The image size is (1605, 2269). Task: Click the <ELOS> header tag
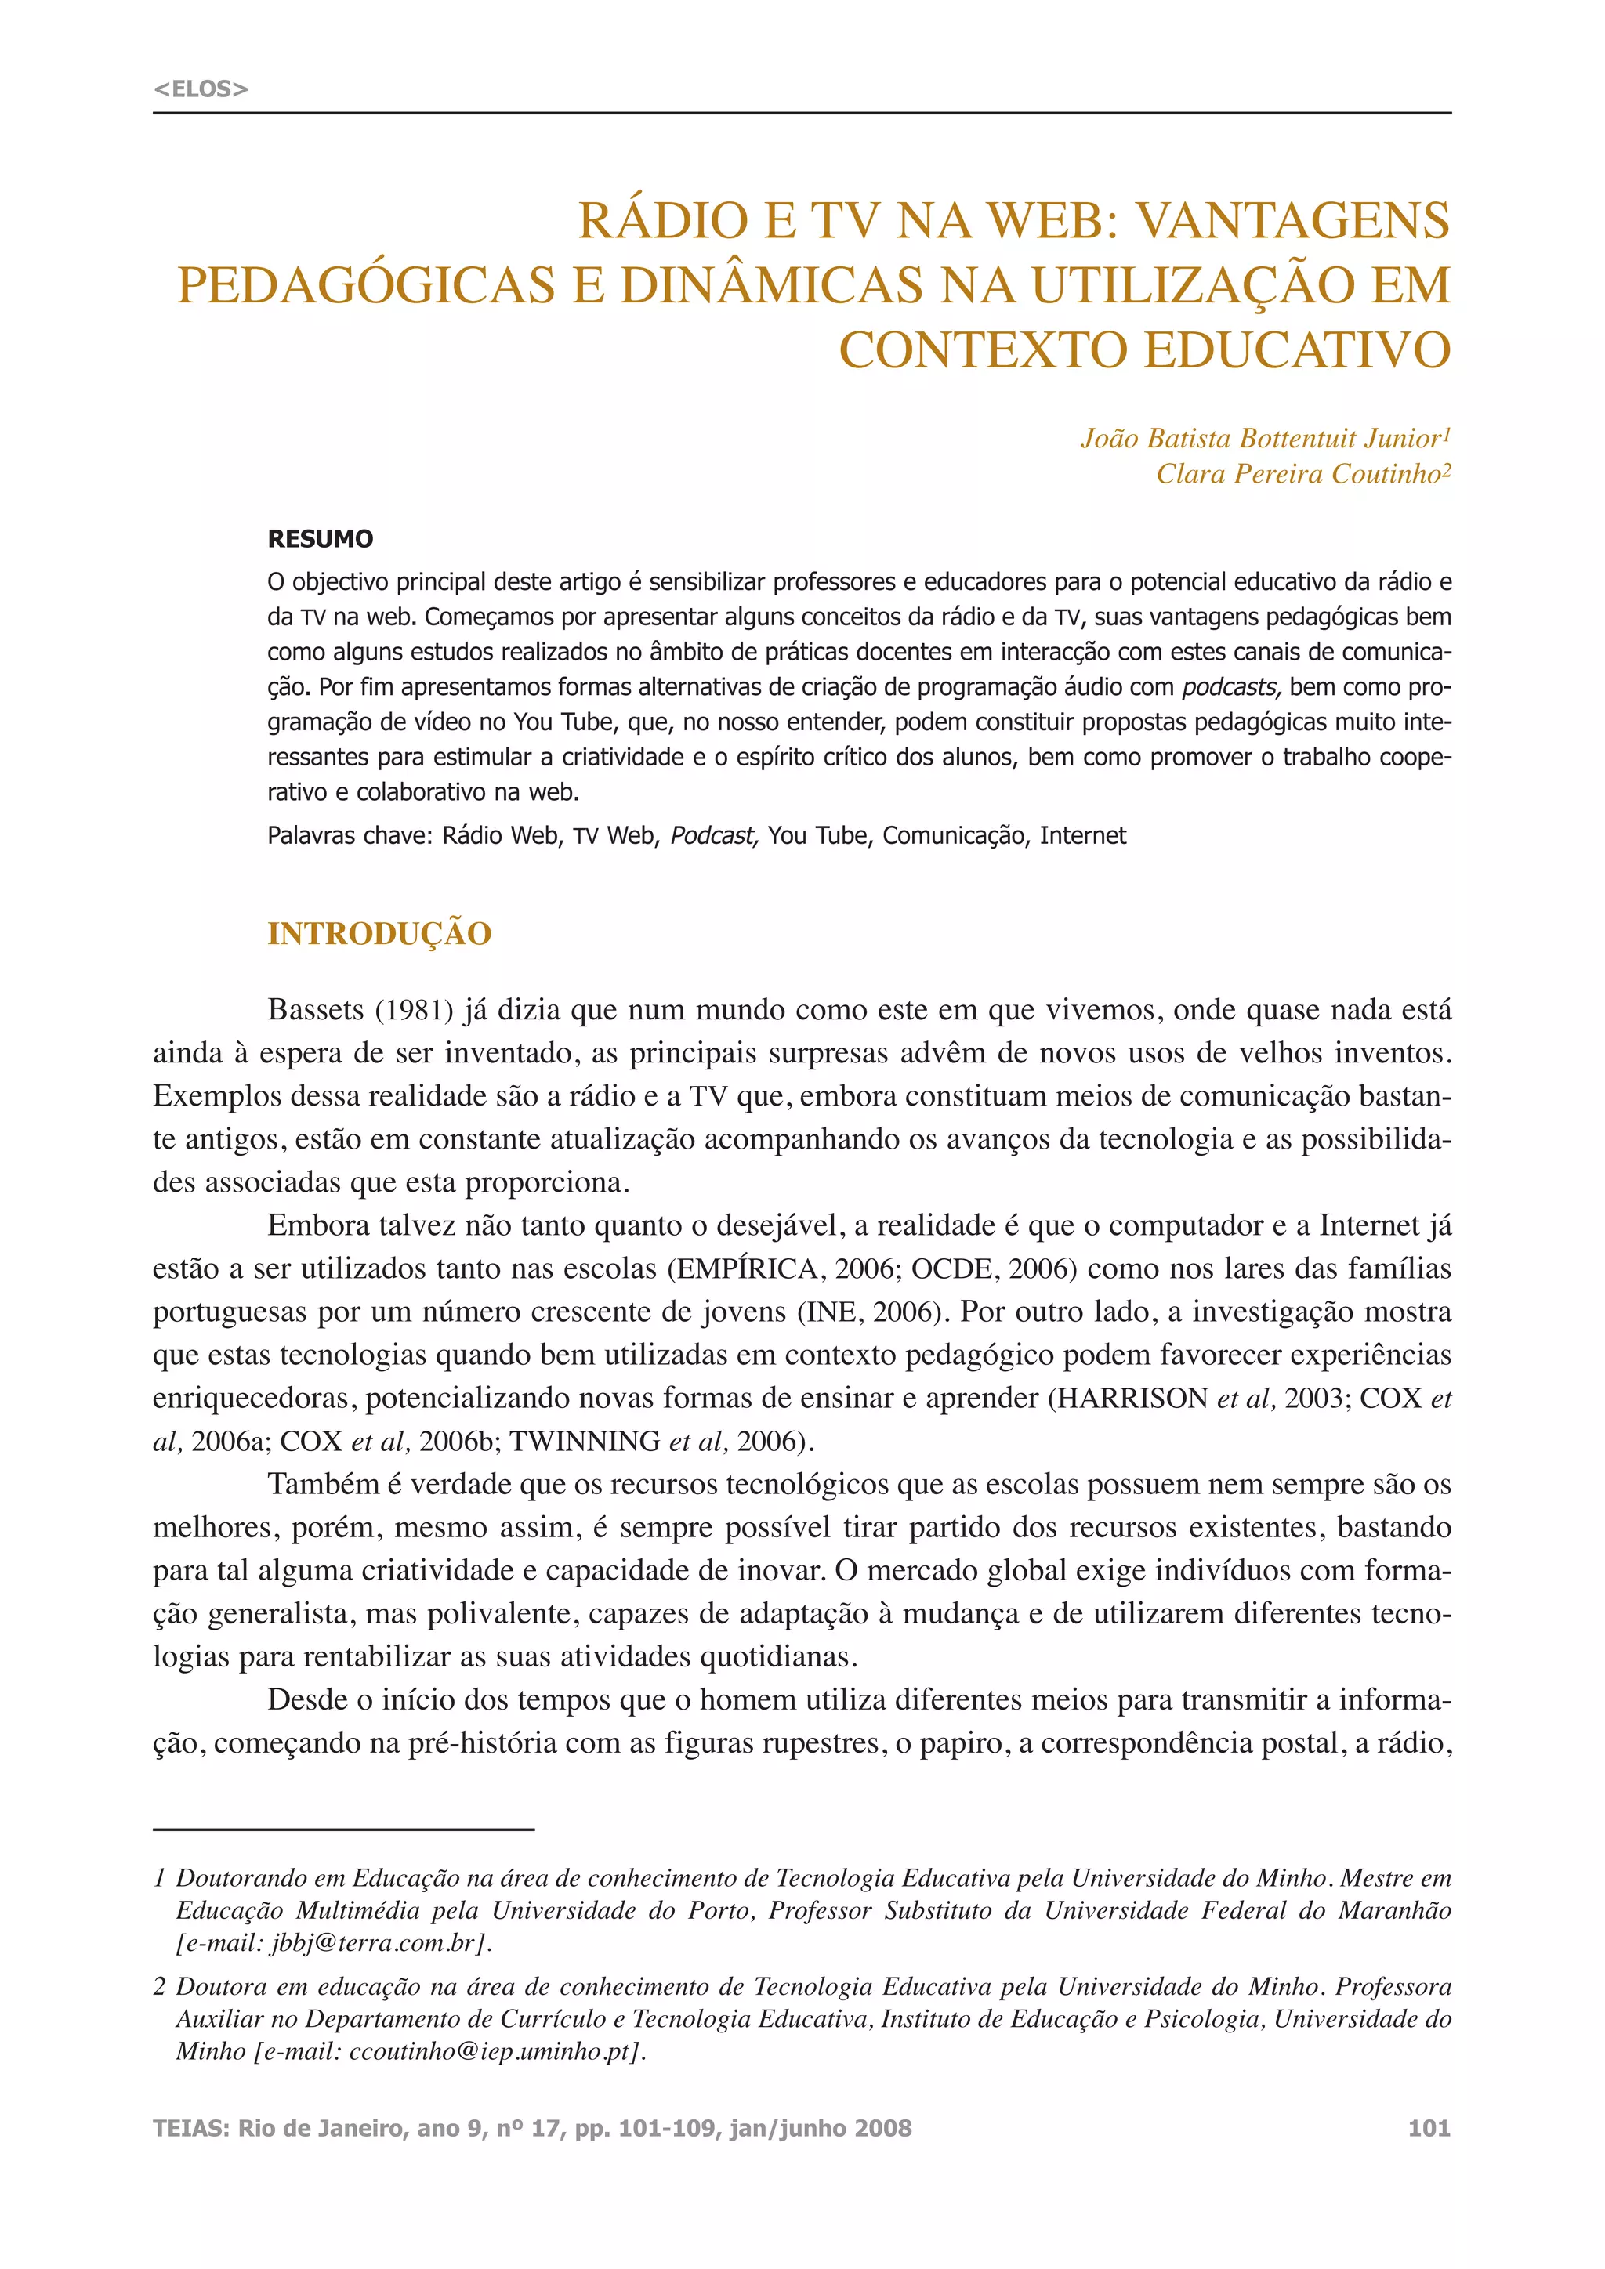tap(201, 89)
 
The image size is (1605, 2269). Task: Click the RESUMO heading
tap(321, 538)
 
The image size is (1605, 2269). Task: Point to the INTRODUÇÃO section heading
tap(379, 934)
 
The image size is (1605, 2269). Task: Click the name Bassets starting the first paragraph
tap(317, 1010)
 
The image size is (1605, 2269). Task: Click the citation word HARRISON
tap(1132, 1399)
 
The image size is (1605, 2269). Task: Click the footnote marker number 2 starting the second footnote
tap(159, 1986)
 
